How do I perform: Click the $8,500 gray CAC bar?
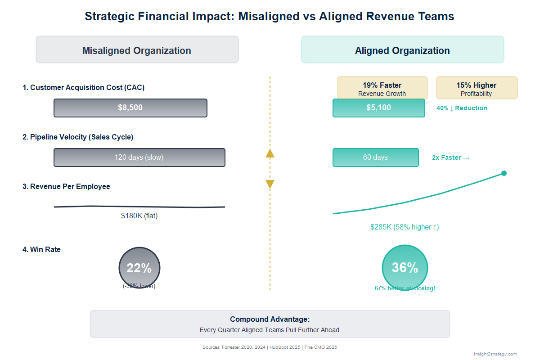pyautogui.click(x=130, y=108)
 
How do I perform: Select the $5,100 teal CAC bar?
pyautogui.click(x=378, y=108)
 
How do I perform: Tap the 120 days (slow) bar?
pyautogui.click(x=139, y=157)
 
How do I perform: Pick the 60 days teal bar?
pyautogui.click(x=375, y=157)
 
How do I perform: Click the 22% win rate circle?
pyautogui.click(x=139, y=268)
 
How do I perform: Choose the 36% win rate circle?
pyautogui.click(x=405, y=268)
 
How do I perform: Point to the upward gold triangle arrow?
pyautogui.click(x=270, y=153)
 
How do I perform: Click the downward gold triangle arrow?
pyautogui.click(x=270, y=184)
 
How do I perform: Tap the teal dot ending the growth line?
pyautogui.click(x=504, y=173)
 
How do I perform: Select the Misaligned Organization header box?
pyautogui.click(x=137, y=50)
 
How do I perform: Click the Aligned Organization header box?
pyautogui.click(x=402, y=50)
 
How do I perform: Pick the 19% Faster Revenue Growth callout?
pyautogui.click(x=382, y=88)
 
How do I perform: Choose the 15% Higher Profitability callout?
pyautogui.click(x=477, y=88)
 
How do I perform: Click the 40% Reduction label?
pyautogui.click(x=462, y=108)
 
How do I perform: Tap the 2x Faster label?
pyautogui.click(x=450, y=157)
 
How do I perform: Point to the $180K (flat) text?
pyautogui.click(x=139, y=216)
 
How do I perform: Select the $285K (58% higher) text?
pyautogui.click(x=405, y=227)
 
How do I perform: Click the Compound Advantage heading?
pyautogui.click(x=270, y=319)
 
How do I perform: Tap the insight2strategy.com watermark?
pyautogui.click(x=495, y=354)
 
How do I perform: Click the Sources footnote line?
pyautogui.click(x=270, y=347)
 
